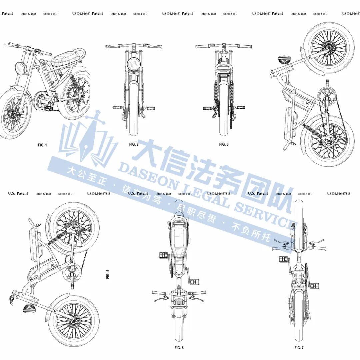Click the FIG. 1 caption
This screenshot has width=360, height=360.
[42, 145]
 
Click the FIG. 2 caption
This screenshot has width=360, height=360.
[134, 144]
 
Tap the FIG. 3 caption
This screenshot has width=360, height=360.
[224, 144]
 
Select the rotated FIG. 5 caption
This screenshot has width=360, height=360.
[108, 274]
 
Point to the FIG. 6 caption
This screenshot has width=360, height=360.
[179, 348]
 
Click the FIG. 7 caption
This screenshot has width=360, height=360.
[299, 348]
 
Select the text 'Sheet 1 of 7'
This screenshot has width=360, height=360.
[50, 14]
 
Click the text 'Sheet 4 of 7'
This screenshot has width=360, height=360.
[320, 14]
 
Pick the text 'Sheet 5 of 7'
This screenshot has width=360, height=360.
[65, 194]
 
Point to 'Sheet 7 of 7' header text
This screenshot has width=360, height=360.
[305, 194]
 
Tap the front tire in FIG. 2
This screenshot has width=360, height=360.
[134, 110]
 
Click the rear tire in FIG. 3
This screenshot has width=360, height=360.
[224, 110]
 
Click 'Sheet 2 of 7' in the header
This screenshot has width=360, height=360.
[140, 14]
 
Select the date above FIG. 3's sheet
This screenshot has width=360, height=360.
[209, 14]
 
